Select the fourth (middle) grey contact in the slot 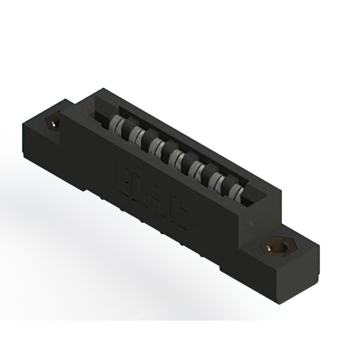[175, 159]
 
